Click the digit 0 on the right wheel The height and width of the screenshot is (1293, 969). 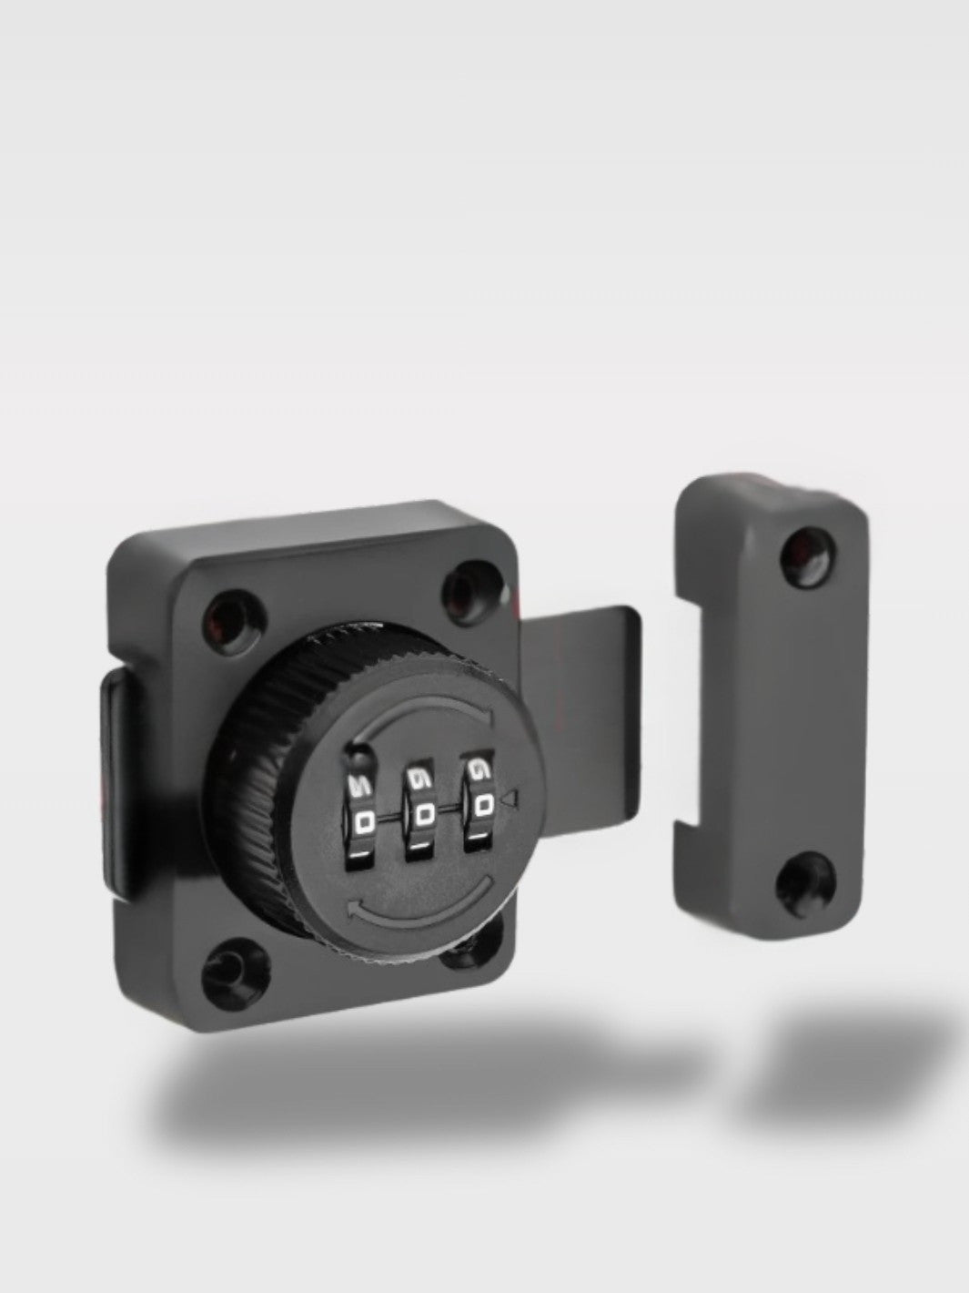click(x=483, y=805)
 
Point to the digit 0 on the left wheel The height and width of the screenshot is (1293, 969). click(x=364, y=822)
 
